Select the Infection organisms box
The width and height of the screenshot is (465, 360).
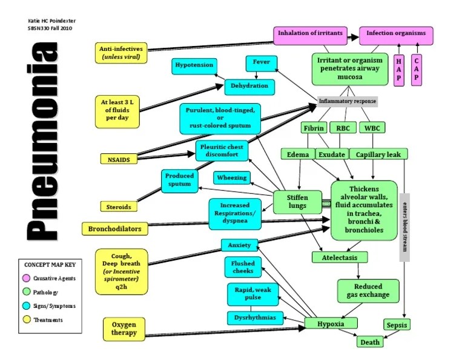click(x=397, y=33)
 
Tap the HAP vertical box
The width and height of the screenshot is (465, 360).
click(x=398, y=70)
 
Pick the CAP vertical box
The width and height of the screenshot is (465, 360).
click(x=418, y=70)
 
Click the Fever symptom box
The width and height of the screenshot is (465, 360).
click(x=262, y=63)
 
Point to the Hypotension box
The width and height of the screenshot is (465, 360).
click(x=194, y=65)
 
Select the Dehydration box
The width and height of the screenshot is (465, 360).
click(x=249, y=87)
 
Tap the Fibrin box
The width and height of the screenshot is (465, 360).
click(x=313, y=128)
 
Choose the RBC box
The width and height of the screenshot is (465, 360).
click(x=342, y=128)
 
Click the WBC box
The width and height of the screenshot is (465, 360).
click(x=371, y=128)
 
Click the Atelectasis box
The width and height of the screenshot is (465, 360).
click(x=339, y=258)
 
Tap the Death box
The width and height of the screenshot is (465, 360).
click(x=369, y=342)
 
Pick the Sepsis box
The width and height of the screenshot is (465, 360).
click(x=397, y=325)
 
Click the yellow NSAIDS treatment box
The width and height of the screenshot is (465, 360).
click(x=119, y=159)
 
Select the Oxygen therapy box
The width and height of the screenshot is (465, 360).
click(x=124, y=328)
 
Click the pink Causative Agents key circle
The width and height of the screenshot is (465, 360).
click(x=27, y=278)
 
